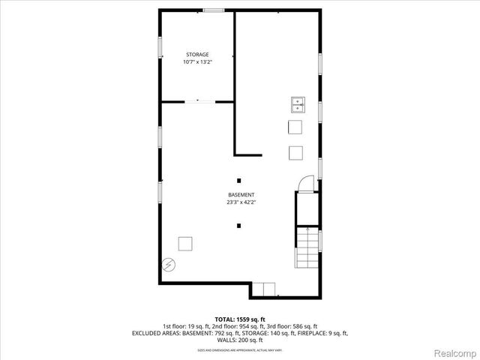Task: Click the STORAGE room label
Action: [x=197, y=54]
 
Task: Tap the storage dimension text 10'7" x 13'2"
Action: [x=197, y=61]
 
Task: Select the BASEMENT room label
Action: [x=241, y=194]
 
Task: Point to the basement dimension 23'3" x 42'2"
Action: [x=241, y=202]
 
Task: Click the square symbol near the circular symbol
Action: [x=184, y=243]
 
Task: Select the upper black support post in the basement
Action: [x=239, y=180]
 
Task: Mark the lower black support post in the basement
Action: [x=239, y=224]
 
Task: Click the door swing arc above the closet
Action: [x=304, y=183]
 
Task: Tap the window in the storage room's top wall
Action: [x=214, y=10]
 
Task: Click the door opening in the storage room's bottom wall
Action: [x=197, y=100]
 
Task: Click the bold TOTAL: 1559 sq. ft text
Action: [x=240, y=319]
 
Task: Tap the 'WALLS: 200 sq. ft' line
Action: [x=240, y=340]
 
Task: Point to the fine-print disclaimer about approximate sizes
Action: [x=240, y=349]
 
